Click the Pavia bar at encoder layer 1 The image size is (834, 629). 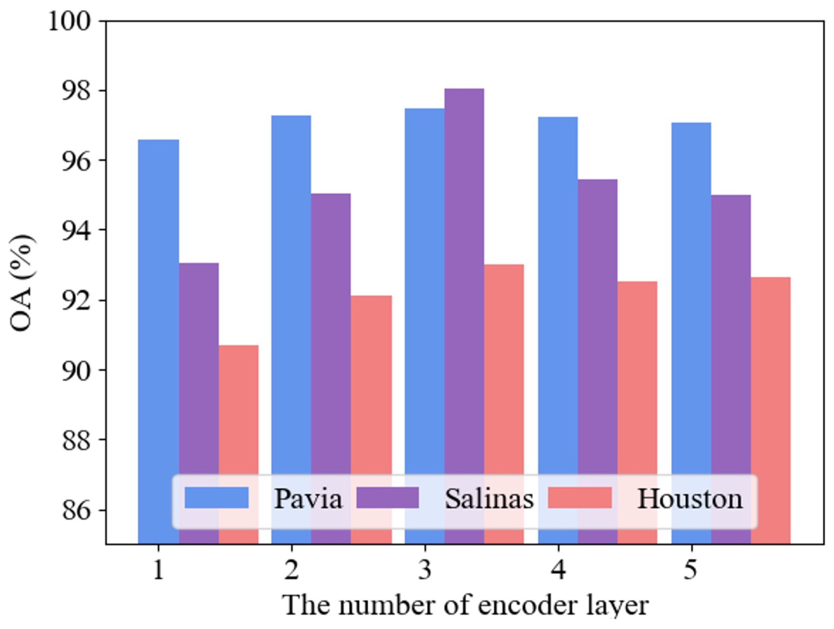tap(158, 301)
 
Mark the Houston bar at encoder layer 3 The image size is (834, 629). tap(504, 369)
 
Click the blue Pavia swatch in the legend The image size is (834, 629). tap(216, 498)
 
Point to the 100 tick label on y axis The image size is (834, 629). tap(70, 22)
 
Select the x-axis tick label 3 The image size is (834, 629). tap(425, 570)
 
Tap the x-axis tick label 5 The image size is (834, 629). tap(691, 570)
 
